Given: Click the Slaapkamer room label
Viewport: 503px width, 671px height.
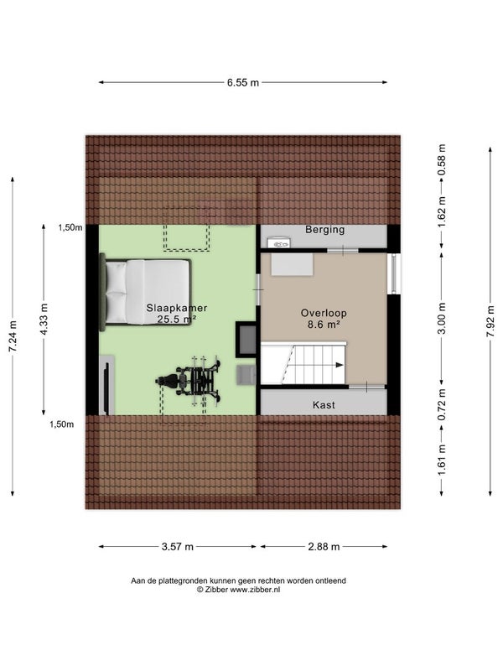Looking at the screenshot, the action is [x=177, y=308].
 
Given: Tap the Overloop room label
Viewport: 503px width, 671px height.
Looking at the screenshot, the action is [x=324, y=313].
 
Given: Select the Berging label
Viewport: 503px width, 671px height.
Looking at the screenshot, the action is [x=324, y=230].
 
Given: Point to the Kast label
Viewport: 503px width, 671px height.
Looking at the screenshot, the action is [x=324, y=405].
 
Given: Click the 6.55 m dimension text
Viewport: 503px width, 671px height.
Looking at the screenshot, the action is [x=243, y=82].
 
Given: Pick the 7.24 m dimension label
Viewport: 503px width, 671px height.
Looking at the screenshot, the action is [x=13, y=336].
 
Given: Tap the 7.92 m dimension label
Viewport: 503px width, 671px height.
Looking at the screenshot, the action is [x=490, y=321].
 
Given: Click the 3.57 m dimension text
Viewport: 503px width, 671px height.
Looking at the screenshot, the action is [x=178, y=547].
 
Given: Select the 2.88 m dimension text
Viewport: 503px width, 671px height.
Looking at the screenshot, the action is [x=324, y=547].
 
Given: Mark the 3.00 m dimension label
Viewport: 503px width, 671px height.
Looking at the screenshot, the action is [x=442, y=319].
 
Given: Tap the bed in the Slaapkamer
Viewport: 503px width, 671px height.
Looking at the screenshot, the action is [x=145, y=292].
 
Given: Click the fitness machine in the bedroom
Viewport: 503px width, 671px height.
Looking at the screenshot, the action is [x=189, y=380].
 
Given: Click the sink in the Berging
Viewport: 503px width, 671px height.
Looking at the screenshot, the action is [x=279, y=243].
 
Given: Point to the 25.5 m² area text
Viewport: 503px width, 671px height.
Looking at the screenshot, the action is [x=177, y=319].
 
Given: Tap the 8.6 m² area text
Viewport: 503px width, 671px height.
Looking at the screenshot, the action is [x=324, y=325].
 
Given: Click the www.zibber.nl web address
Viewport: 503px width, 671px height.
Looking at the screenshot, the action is [x=255, y=590].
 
